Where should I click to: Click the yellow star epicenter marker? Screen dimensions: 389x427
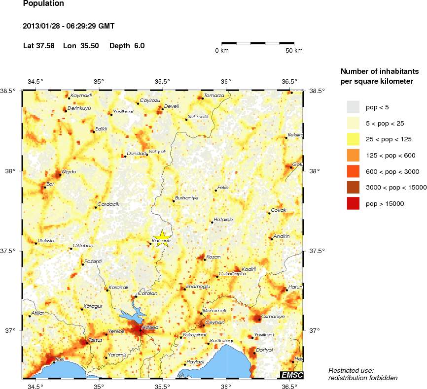(x=162, y=237)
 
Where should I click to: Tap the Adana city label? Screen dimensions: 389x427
(x=150, y=327)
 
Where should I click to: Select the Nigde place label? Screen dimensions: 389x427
(x=69, y=171)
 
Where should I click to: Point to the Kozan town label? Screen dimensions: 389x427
(x=213, y=257)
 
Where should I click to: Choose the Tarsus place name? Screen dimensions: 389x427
(x=95, y=340)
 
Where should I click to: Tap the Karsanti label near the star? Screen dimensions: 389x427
(x=161, y=240)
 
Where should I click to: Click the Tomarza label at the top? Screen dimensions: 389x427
(x=214, y=95)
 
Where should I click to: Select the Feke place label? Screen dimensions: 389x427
(x=223, y=187)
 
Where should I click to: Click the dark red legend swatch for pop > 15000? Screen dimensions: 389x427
(x=354, y=203)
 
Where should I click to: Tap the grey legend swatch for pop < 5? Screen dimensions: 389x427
(x=354, y=106)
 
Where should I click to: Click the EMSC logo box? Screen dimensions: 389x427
(x=291, y=375)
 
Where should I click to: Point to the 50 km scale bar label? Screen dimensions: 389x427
(x=294, y=51)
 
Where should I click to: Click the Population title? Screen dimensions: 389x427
(x=44, y=4)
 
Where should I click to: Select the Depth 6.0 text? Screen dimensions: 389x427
(x=127, y=46)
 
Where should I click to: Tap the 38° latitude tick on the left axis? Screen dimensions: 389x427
(x=10, y=171)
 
